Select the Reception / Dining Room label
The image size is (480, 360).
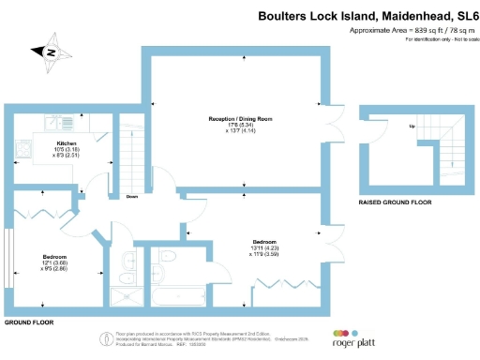click(x=241, y=119)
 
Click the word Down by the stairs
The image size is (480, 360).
click(x=133, y=196)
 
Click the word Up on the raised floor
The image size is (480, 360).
click(x=411, y=126)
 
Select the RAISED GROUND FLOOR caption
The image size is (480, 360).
click(x=395, y=202)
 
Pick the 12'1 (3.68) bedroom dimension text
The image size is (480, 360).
click(x=53, y=262)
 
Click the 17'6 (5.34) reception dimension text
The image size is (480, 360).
click(x=240, y=125)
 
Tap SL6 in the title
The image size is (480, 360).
click(x=464, y=16)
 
